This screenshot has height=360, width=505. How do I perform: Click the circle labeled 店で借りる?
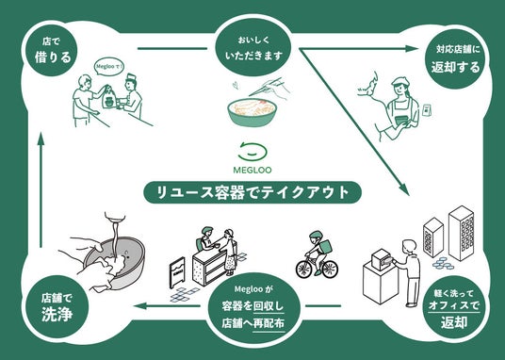coord(51,51)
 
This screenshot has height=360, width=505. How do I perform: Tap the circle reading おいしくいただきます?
coord(253,49)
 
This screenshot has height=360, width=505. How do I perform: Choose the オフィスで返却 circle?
coord(454,307)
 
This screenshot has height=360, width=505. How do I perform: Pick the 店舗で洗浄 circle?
coord(57,306)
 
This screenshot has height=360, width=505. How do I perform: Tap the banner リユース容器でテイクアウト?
coord(252,192)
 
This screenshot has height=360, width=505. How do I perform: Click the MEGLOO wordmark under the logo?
coord(252,170)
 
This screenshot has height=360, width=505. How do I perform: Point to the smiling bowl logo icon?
coord(252,151)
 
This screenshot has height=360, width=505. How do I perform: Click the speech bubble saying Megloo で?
coord(110,67)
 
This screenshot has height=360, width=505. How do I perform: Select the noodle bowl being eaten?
coord(252,112)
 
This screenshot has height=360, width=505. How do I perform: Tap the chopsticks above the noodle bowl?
coord(267,87)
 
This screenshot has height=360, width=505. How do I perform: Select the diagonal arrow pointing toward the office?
coord(354,122)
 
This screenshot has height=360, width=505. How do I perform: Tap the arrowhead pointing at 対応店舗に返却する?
coord(412,49)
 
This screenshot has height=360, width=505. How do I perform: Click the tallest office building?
coord(462,233)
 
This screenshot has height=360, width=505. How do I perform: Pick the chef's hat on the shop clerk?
coord(131,78)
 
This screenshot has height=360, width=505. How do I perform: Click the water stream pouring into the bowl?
coord(114,238)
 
